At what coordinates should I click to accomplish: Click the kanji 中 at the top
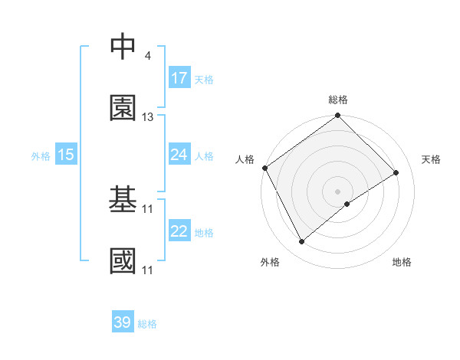(x=123, y=46)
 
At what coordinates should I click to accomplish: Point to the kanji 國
(x=123, y=260)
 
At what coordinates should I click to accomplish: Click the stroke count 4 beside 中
(x=147, y=56)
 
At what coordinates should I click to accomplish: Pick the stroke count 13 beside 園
(x=148, y=117)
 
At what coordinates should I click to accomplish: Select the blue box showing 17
(x=179, y=78)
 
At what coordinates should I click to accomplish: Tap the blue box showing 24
(x=179, y=155)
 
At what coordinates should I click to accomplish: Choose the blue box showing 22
(x=179, y=231)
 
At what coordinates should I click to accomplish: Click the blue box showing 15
(x=66, y=155)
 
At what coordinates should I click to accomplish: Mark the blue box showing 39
(x=123, y=322)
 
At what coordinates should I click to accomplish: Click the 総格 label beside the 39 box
(x=147, y=324)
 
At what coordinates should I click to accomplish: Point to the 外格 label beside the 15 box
(x=41, y=156)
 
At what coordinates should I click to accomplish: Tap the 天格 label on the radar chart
(x=432, y=159)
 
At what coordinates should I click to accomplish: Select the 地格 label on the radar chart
(x=402, y=262)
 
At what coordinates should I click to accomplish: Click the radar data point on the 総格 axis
(x=337, y=116)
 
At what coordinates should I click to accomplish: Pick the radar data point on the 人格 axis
(x=264, y=168)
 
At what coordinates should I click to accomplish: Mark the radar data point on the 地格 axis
(x=347, y=204)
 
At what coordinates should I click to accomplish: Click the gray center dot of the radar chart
(x=337, y=191)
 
